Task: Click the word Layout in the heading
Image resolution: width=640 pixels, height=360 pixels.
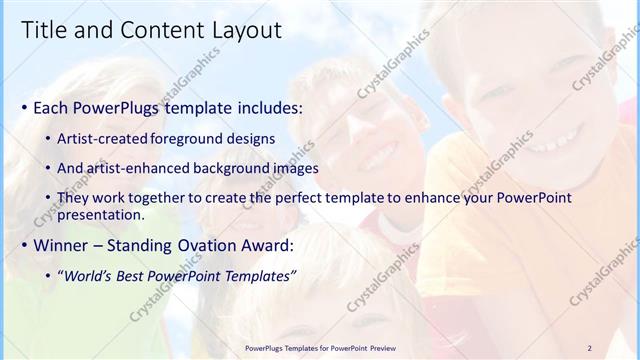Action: [245, 30]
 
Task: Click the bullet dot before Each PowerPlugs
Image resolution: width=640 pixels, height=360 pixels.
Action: [24, 107]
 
